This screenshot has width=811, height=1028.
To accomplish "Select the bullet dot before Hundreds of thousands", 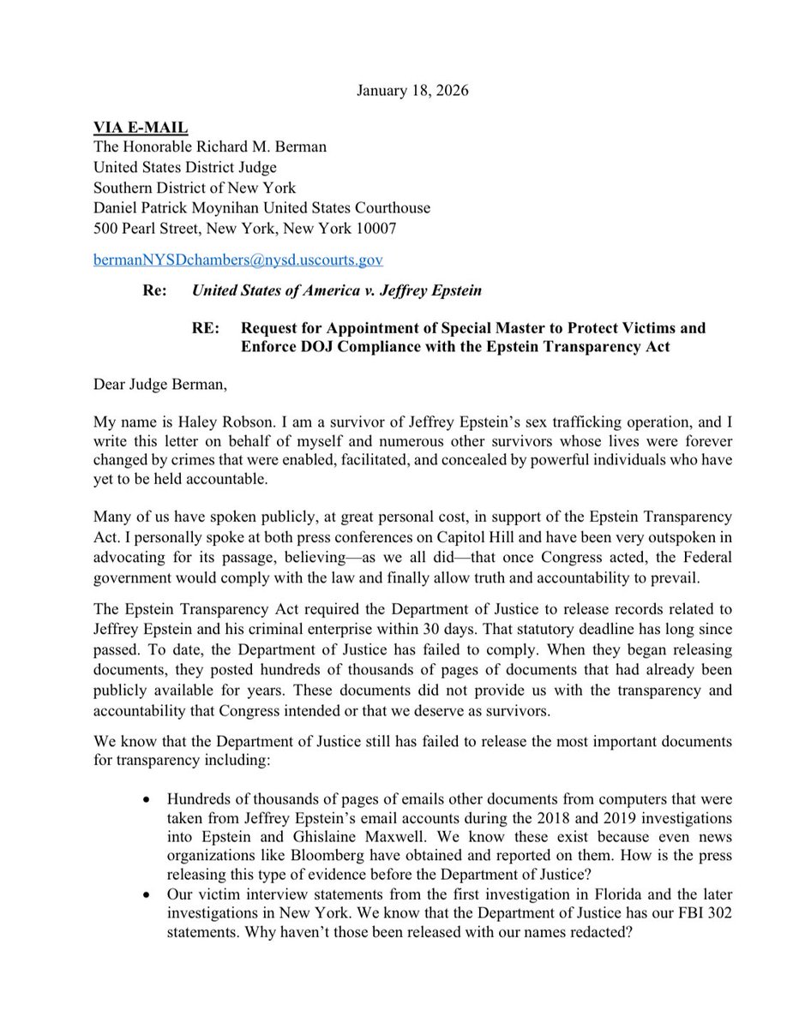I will pyautogui.click(x=150, y=798).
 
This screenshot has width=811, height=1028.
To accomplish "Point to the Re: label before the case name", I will pyautogui.click(x=153, y=290).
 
